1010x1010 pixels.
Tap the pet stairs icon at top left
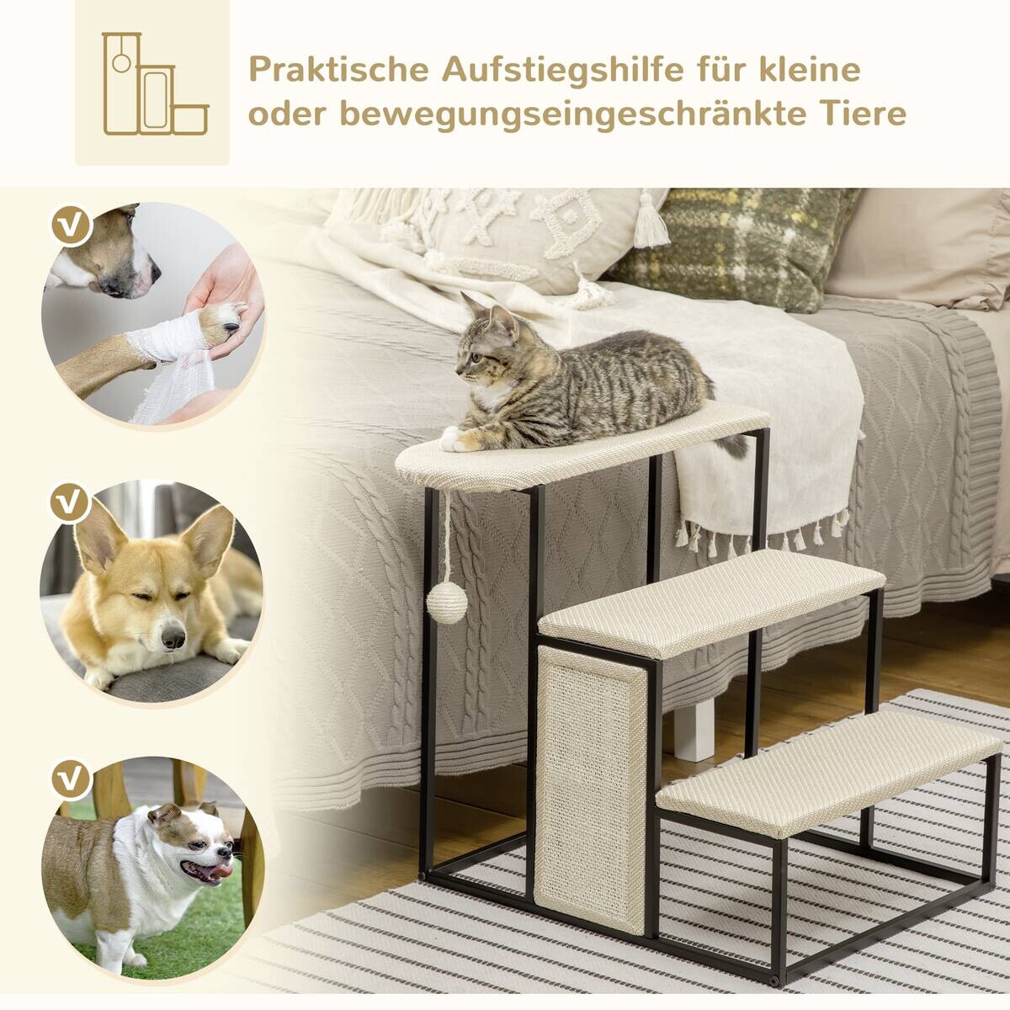point(153,83)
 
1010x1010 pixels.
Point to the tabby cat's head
point(489,346)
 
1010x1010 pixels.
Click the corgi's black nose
point(173,640)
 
